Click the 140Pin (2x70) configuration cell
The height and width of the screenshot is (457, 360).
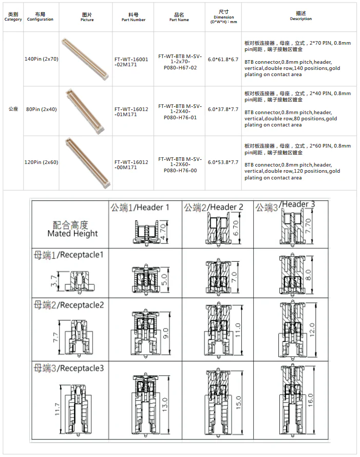coord(41,59)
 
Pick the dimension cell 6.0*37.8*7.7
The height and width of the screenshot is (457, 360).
coord(223,109)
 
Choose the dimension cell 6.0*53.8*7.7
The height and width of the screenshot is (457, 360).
coord(223,162)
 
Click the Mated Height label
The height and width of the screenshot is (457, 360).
coord(72,229)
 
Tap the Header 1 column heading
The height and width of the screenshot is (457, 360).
coord(140,208)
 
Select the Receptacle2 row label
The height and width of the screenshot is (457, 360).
coord(68,305)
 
